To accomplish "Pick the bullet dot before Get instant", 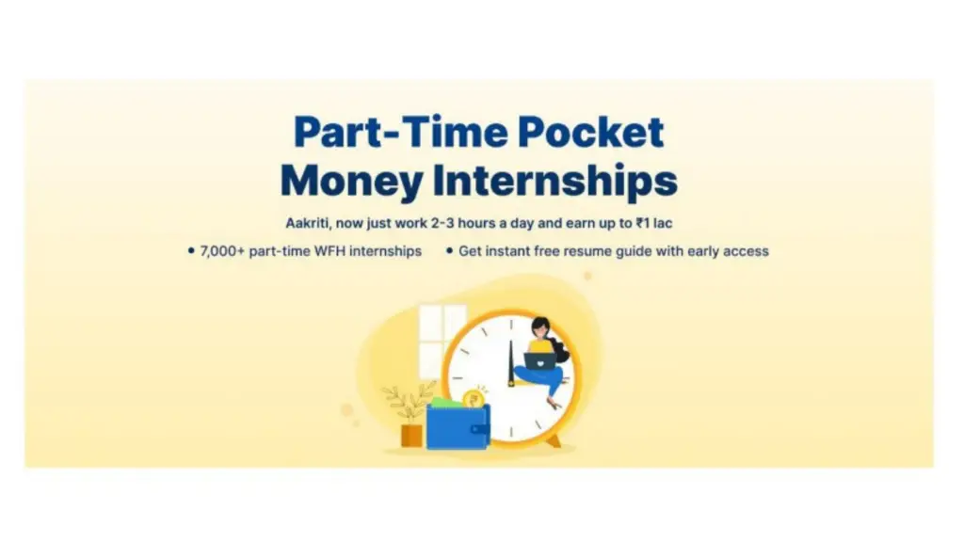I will (450, 251).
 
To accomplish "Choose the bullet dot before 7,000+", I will (191, 251).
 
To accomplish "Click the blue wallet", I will (458, 426).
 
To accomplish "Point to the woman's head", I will (539, 327).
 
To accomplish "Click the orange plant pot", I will (411, 434).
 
